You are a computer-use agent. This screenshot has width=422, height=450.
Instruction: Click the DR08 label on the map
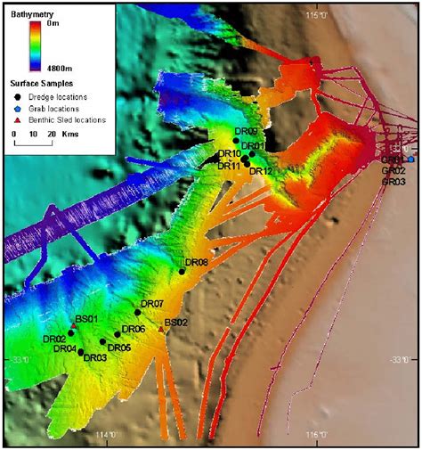coord(197,263)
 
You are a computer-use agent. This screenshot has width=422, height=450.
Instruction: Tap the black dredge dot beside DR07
coord(138,312)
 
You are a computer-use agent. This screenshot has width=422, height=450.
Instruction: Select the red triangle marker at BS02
coord(161,330)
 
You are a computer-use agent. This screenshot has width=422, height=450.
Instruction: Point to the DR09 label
coord(246,131)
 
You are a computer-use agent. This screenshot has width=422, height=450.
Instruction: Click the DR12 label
coord(261,170)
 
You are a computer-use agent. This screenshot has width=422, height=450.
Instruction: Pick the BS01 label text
coord(86,320)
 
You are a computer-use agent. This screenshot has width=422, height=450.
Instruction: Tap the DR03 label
coord(95,358)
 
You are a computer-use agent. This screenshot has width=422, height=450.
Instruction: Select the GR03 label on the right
coord(394,181)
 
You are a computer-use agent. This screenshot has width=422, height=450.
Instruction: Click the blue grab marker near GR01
coord(410,159)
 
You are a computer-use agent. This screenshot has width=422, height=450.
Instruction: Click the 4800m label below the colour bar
coord(71,65)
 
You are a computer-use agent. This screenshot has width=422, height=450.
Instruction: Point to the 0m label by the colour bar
coord(77,25)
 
